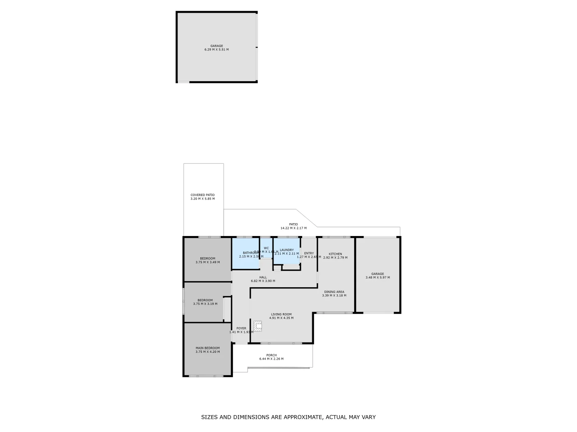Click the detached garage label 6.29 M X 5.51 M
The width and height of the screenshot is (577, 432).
(x=216, y=48)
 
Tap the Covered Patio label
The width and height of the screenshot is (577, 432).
(x=202, y=197)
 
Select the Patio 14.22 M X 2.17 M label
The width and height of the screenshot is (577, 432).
(x=293, y=226)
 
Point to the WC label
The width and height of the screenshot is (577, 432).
(x=266, y=248)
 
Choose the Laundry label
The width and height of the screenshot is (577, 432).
(x=286, y=252)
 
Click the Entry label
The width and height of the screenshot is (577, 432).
(x=309, y=255)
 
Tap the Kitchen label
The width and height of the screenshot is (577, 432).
(x=335, y=256)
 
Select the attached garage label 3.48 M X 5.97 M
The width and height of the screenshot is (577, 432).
(x=377, y=276)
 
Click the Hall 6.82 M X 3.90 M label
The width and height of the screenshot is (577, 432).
(x=263, y=279)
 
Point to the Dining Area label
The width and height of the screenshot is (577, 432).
(x=334, y=294)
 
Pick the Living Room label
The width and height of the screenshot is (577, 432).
(x=281, y=316)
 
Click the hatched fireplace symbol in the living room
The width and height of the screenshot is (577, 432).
(x=258, y=326)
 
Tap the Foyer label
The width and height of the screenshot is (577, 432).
(x=241, y=330)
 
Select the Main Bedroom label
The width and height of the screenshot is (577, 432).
(x=208, y=350)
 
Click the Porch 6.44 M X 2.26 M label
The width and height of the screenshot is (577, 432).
(x=271, y=357)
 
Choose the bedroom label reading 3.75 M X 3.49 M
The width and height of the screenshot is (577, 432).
(x=208, y=260)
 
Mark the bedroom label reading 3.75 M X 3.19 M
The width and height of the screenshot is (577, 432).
(x=205, y=302)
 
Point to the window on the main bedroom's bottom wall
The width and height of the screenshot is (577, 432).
(x=206, y=376)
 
